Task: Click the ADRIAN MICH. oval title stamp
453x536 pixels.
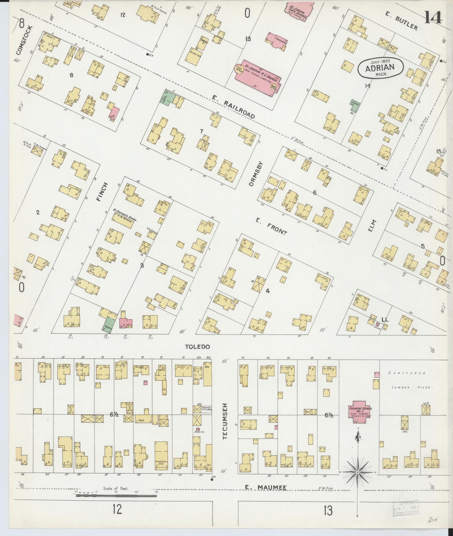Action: coord(380,67)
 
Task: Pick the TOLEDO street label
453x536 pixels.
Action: coord(197,347)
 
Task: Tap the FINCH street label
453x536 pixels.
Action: coord(102,192)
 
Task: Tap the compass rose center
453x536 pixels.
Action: coord(358,472)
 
